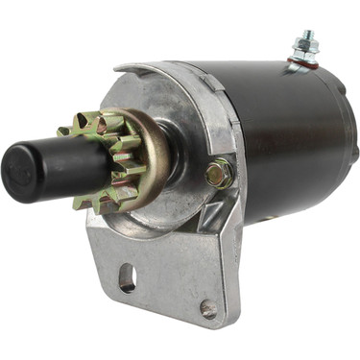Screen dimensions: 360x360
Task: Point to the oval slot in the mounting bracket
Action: [x=127, y=277]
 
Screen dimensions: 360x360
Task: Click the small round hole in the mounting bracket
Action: [x=208, y=308]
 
